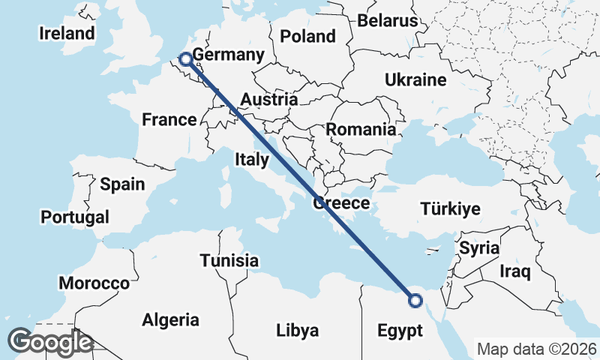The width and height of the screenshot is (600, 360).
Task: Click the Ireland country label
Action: pyautogui.click(x=67, y=33)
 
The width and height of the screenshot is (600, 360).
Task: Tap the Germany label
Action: pyautogui.click(x=228, y=55)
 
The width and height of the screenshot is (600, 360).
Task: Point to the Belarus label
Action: pyautogui.click(x=387, y=20)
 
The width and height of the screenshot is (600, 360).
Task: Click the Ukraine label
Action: pyautogui.click(x=415, y=79)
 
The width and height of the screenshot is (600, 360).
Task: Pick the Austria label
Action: pyautogui.click(x=269, y=100)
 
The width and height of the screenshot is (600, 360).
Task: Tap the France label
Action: pyautogui.click(x=169, y=119)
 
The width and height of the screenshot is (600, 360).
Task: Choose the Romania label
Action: pyautogui.click(x=360, y=129)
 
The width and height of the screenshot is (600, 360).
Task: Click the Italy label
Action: pyautogui.click(x=251, y=159)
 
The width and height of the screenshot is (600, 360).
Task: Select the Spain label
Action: pyautogui.click(x=122, y=184)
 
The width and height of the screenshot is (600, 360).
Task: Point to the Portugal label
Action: pyautogui.click(x=75, y=217)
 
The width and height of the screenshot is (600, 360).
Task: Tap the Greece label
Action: pyautogui.click(x=341, y=202)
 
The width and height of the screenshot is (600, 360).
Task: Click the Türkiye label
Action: pyautogui.click(x=450, y=208)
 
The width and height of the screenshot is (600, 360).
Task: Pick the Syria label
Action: pyautogui.click(x=479, y=247)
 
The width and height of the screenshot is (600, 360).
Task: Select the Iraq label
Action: pyautogui.click(x=516, y=271)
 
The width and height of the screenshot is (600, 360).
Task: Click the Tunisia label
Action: pyautogui.click(x=229, y=261)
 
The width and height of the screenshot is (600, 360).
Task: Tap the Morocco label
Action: pyautogui.click(x=94, y=283)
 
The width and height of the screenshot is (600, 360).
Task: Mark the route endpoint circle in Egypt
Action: pyautogui.click(x=415, y=301)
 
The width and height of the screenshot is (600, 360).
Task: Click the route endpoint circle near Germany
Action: pyautogui.click(x=184, y=57)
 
